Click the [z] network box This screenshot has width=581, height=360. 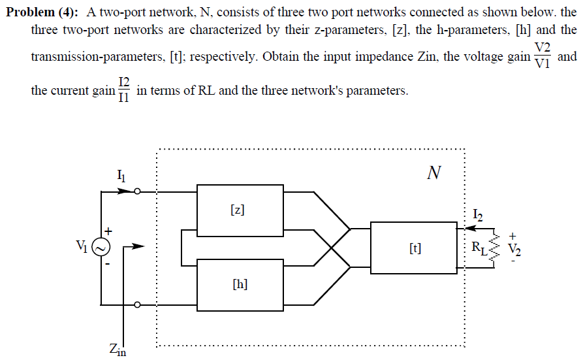pyautogui.click(x=240, y=210)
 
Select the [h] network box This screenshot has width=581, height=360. pyautogui.click(x=240, y=284)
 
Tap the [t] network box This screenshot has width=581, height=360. pyautogui.click(x=414, y=248)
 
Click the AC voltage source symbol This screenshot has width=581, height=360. pyautogui.click(x=102, y=247)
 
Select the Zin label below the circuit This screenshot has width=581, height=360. pyautogui.click(x=118, y=351)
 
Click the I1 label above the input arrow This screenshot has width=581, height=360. pyautogui.click(x=121, y=174)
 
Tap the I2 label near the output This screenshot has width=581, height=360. pyautogui.click(x=478, y=214)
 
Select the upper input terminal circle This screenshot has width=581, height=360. pyautogui.click(x=137, y=192)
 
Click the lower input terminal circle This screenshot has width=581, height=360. pyautogui.click(x=137, y=304)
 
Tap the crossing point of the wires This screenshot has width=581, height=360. pyautogui.click(x=332, y=248)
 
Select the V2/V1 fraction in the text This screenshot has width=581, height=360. pyautogui.click(x=542, y=56)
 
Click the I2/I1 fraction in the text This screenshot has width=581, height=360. pyautogui.click(x=124, y=90)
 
